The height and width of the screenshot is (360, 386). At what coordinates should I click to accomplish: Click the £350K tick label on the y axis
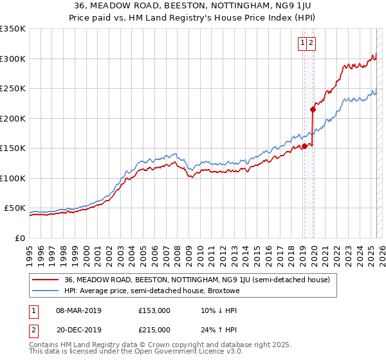pos(13,29)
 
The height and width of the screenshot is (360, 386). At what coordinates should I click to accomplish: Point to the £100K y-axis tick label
pos(13,178)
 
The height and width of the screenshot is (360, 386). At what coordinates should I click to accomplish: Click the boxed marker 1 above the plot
pos(302,43)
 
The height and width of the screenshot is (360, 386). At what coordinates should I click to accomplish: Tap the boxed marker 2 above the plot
pos(311,43)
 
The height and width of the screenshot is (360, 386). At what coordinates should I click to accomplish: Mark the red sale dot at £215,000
pos(313,110)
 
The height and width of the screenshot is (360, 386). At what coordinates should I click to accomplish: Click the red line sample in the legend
pos(44,280)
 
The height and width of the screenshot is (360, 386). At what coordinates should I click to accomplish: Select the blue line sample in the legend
pos(44,291)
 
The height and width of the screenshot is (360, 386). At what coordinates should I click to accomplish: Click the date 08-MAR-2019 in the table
pos(78,310)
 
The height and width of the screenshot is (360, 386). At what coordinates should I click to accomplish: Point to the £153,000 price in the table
pos(154,310)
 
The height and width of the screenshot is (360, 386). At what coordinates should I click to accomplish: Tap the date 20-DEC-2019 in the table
pos(78,330)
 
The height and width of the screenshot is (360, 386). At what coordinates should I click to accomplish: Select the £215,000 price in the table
pos(154,330)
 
